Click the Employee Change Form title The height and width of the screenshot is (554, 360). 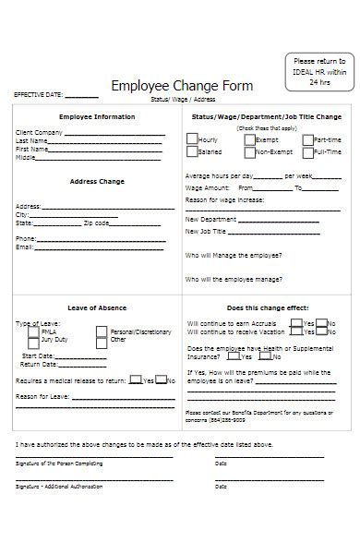coord(181,86)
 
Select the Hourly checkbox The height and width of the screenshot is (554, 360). coord(191,139)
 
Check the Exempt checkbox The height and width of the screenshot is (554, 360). coord(248,139)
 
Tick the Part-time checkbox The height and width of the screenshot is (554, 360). coord(306,139)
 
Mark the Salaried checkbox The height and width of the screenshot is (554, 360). coord(191,151)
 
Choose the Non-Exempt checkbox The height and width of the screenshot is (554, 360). coord(248,151)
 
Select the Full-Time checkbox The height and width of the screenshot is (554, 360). coord(306,151)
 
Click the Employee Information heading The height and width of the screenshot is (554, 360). coord(97,117)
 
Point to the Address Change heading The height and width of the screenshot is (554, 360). coord(97,182)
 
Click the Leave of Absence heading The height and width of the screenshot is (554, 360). coord(97,307)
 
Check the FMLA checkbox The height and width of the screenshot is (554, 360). coord(34,331)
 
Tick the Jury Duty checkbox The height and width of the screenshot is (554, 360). coord(34,340)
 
